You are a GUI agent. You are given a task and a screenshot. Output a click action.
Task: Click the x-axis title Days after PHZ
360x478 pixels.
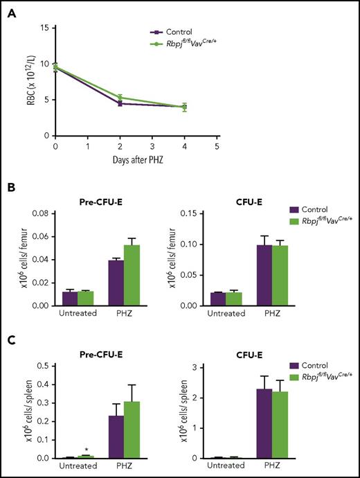[x=136, y=161]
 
